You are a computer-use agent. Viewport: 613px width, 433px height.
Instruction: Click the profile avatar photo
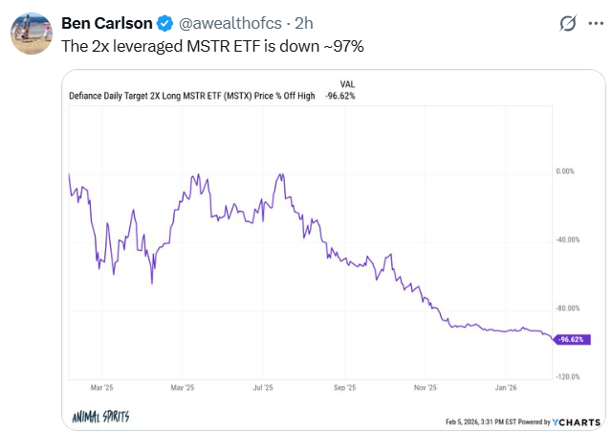[31, 34]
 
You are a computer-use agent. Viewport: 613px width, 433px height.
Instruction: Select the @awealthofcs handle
[226, 22]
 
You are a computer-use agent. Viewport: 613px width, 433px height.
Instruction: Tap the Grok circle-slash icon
[566, 22]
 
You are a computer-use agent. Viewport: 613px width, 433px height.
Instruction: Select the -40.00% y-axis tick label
[568, 239]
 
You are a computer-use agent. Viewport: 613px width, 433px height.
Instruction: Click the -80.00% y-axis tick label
[568, 308]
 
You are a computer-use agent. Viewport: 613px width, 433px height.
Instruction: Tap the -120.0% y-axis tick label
[568, 376]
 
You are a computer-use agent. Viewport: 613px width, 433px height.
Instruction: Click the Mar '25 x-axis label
[101, 389]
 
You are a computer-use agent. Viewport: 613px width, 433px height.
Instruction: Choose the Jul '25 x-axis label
[263, 389]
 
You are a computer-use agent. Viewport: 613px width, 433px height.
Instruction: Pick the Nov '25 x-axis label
[426, 389]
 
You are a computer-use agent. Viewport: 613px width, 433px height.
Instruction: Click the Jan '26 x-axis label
[508, 389]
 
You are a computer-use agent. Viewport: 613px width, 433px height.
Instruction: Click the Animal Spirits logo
[101, 418]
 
